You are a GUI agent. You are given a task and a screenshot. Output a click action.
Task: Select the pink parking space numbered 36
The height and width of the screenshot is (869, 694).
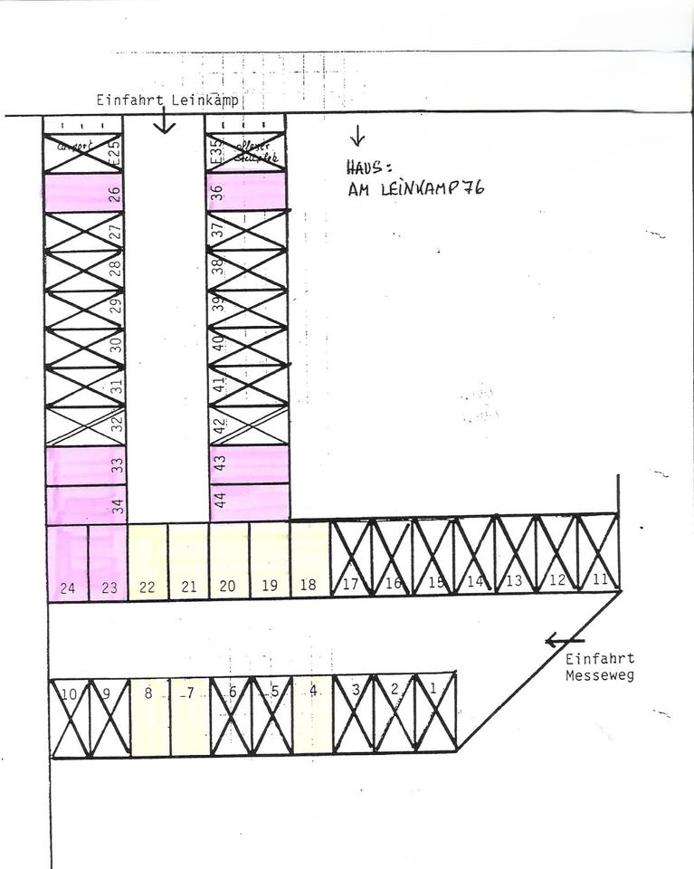coord(246,192)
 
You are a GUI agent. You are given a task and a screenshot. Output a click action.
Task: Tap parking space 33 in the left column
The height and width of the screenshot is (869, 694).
coord(85,465)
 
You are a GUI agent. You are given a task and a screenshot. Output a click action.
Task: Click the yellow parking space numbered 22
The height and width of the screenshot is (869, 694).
coord(147,561)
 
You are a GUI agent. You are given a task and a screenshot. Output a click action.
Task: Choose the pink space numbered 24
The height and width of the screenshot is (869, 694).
coord(67,561)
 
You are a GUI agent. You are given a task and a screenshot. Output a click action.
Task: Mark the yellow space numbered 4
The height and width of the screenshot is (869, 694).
coord(313,715)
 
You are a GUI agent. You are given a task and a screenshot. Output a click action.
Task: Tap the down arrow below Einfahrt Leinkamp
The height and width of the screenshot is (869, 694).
coord(164,121)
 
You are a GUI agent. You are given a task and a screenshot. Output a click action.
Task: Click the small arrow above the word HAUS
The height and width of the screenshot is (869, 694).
coord(357,137)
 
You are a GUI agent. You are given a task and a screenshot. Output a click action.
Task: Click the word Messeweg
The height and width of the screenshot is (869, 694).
coord(599,675)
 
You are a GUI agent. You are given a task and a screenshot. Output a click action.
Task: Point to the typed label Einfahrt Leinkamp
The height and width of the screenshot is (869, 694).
coord(167,100)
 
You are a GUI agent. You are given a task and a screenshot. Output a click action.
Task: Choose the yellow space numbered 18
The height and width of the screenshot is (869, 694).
coord(309,561)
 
